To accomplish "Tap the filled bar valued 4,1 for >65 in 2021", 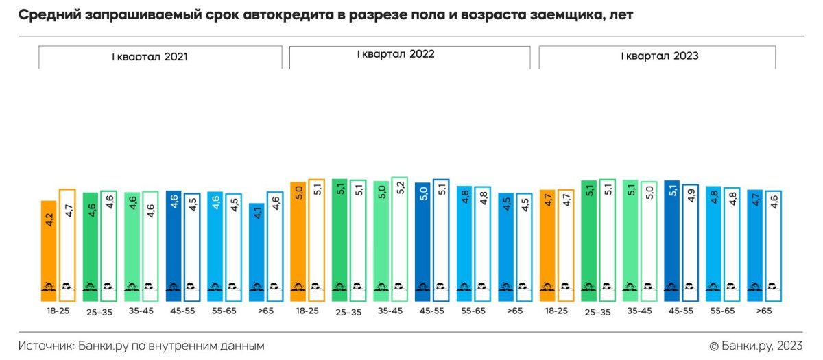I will coord(257,252).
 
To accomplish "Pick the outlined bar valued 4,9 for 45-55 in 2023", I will coord(691,243).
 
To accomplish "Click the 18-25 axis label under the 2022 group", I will coord(307,311).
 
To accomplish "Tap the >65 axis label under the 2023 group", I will coord(764,311).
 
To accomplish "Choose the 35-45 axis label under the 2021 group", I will coord(141,311).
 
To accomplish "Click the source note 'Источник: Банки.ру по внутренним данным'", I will coord(141,346).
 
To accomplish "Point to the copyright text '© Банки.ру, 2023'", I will coord(756,346).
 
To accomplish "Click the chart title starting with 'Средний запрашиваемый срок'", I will coord(325,15).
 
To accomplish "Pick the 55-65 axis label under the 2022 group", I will coord(473,311).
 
